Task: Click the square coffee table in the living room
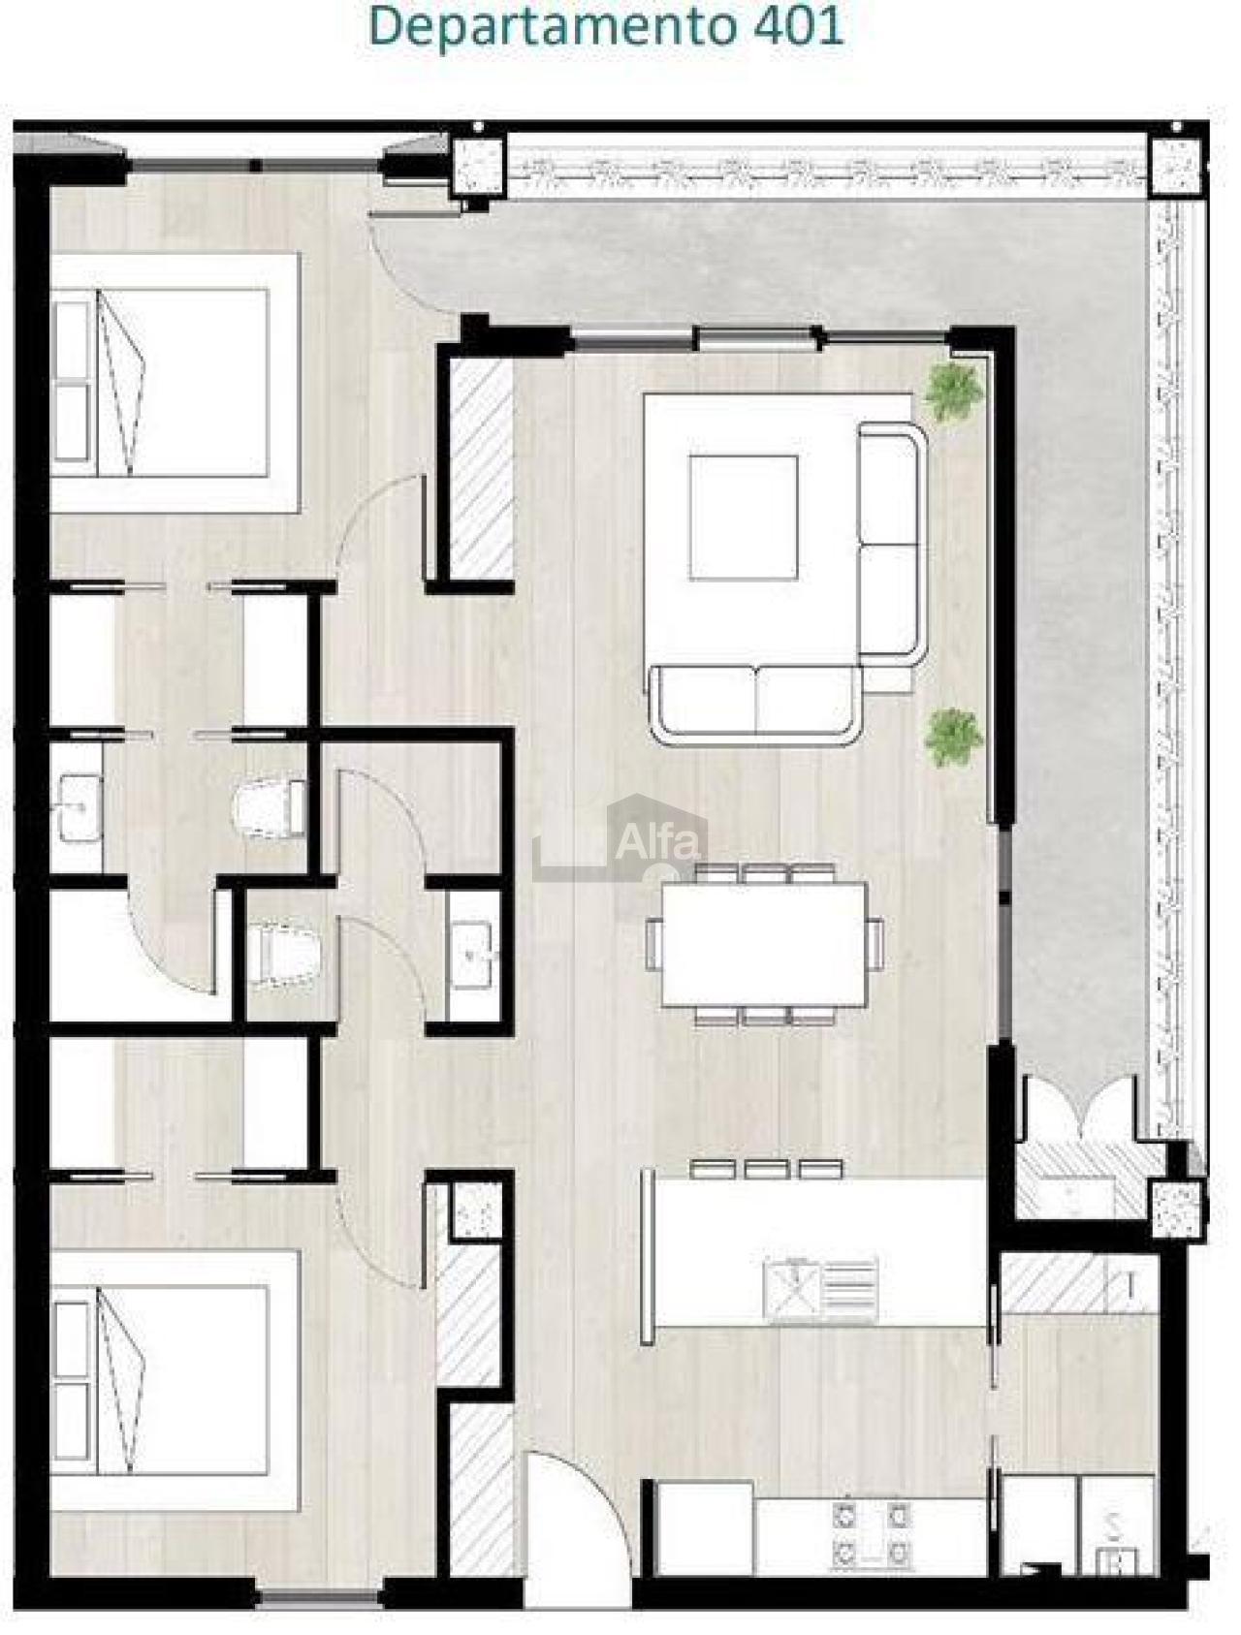(x=744, y=517)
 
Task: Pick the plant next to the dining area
(x=954, y=737)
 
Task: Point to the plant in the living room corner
(x=955, y=391)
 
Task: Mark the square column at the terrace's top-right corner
(x=1175, y=166)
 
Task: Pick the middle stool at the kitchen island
(x=766, y=1168)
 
